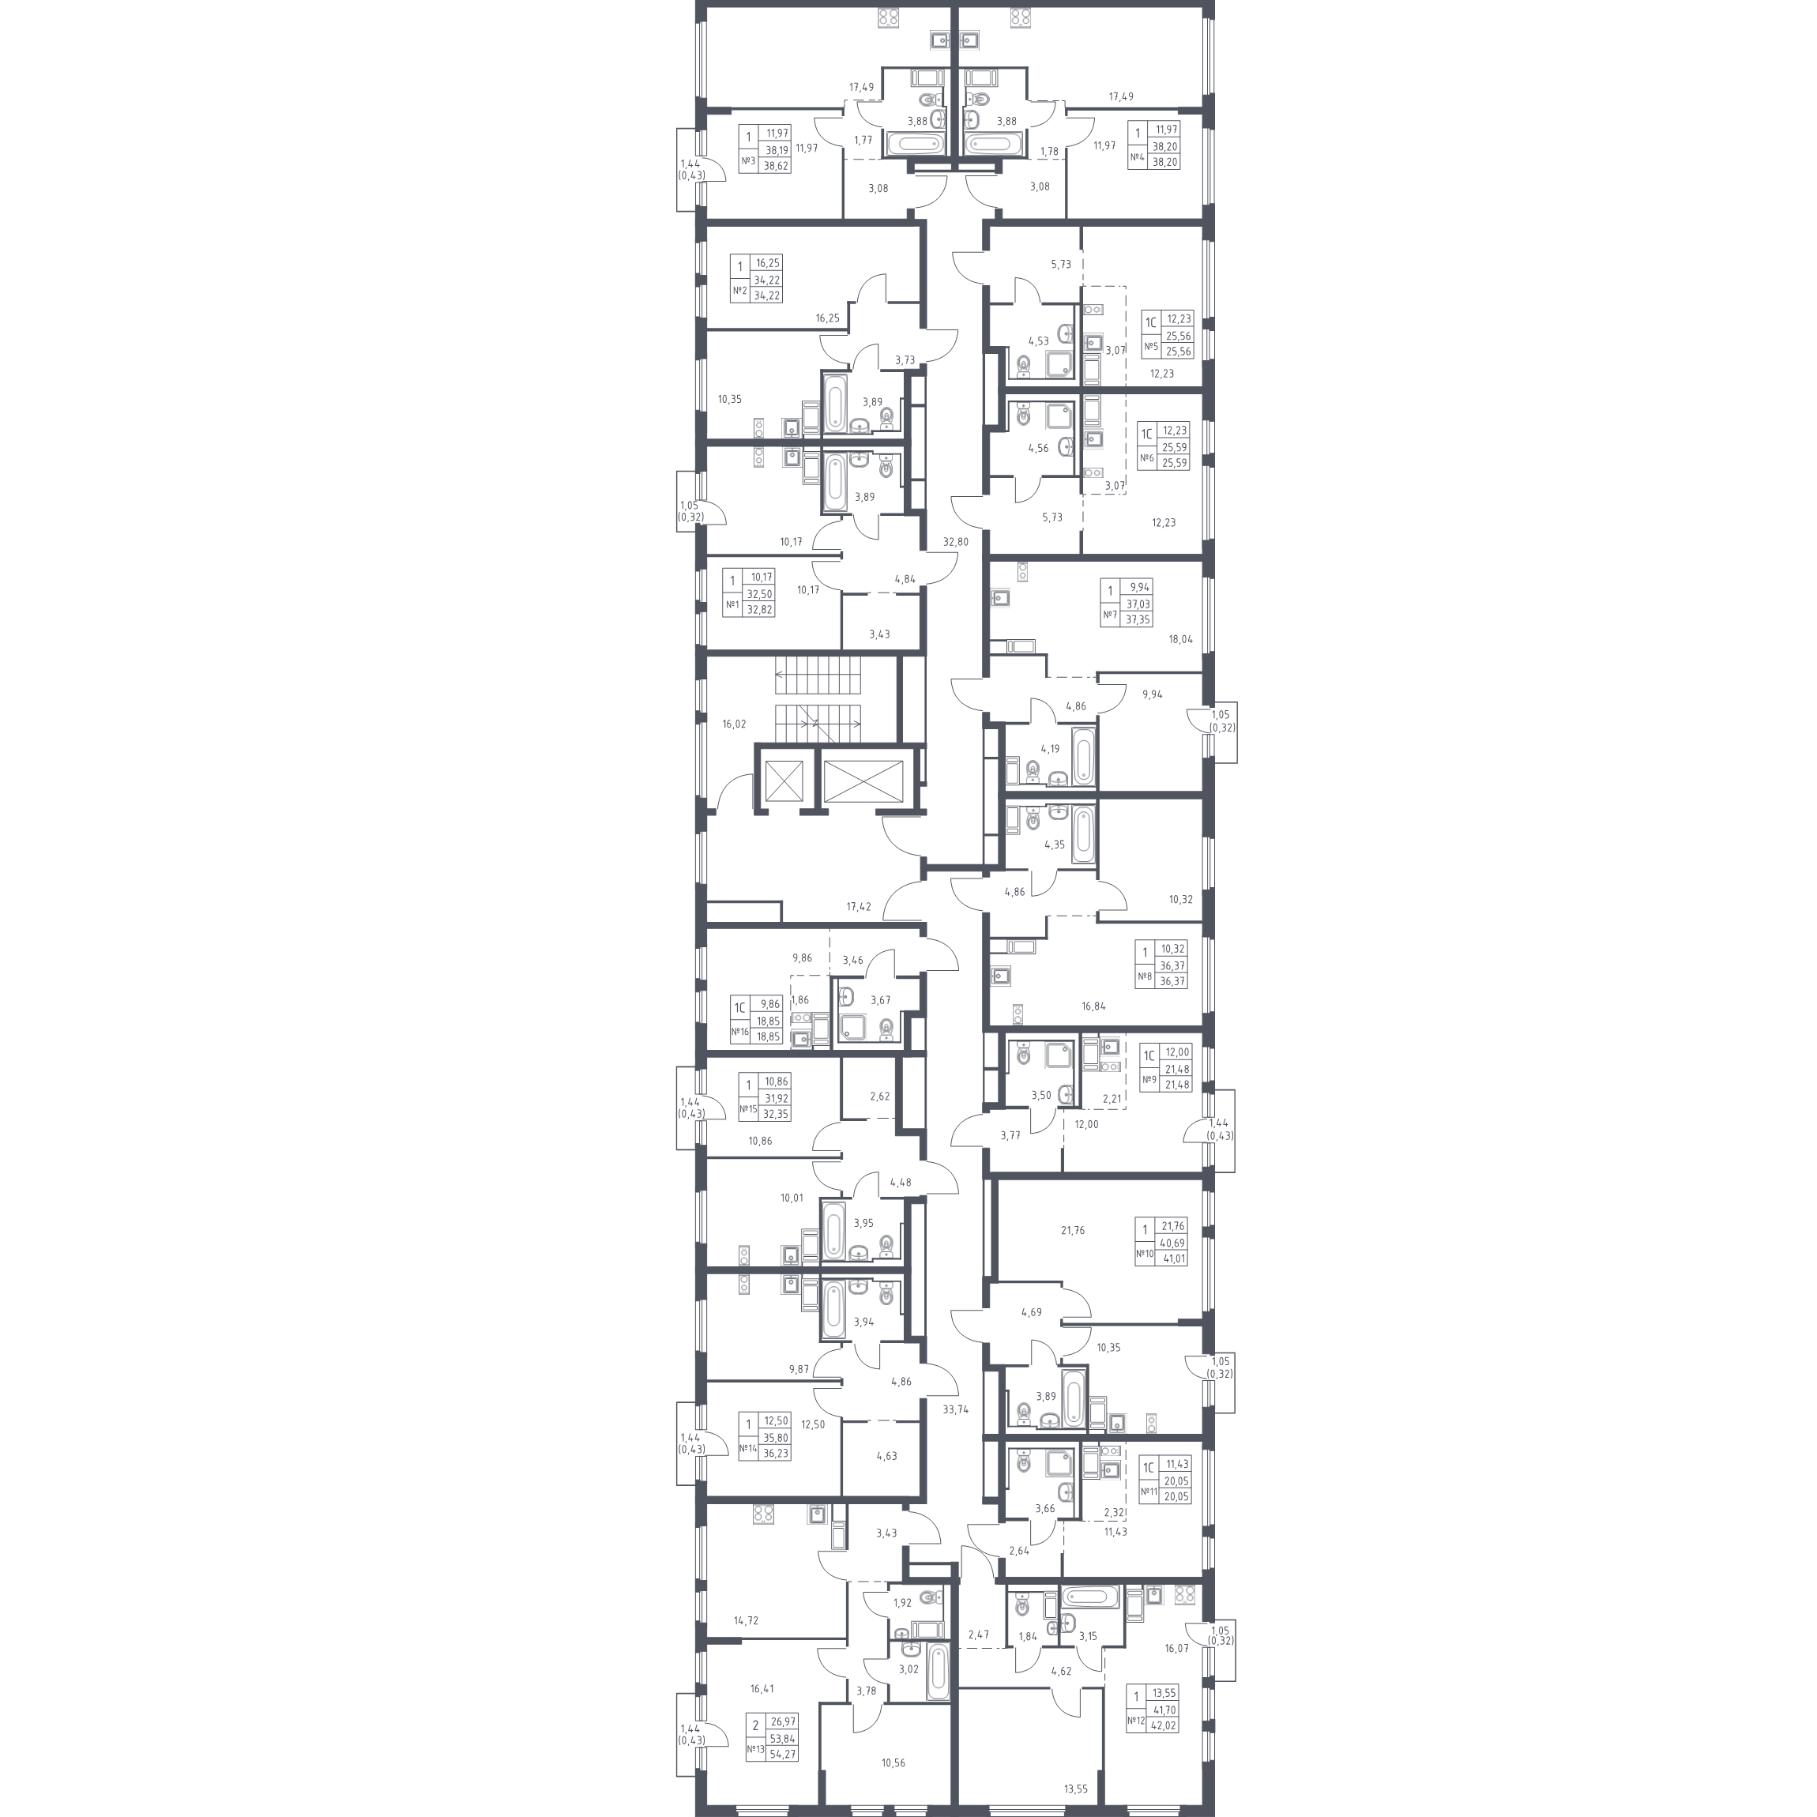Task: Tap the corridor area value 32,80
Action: click(x=956, y=543)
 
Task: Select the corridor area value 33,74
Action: click(x=956, y=1410)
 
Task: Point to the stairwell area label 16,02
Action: click(x=735, y=724)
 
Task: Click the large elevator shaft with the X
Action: click(x=863, y=780)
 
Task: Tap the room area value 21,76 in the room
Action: click(x=1073, y=1230)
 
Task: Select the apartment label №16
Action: click(x=740, y=1032)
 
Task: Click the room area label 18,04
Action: click(x=1181, y=638)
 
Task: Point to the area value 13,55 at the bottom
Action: click(x=1075, y=1789)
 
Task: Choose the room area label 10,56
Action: click(x=893, y=1763)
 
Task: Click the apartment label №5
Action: click(x=1149, y=346)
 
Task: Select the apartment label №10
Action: click(x=1145, y=1253)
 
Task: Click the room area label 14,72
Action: click(x=746, y=1620)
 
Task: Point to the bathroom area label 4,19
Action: click(x=1050, y=750)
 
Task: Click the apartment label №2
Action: click(x=740, y=291)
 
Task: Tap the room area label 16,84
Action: click(x=1094, y=1006)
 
